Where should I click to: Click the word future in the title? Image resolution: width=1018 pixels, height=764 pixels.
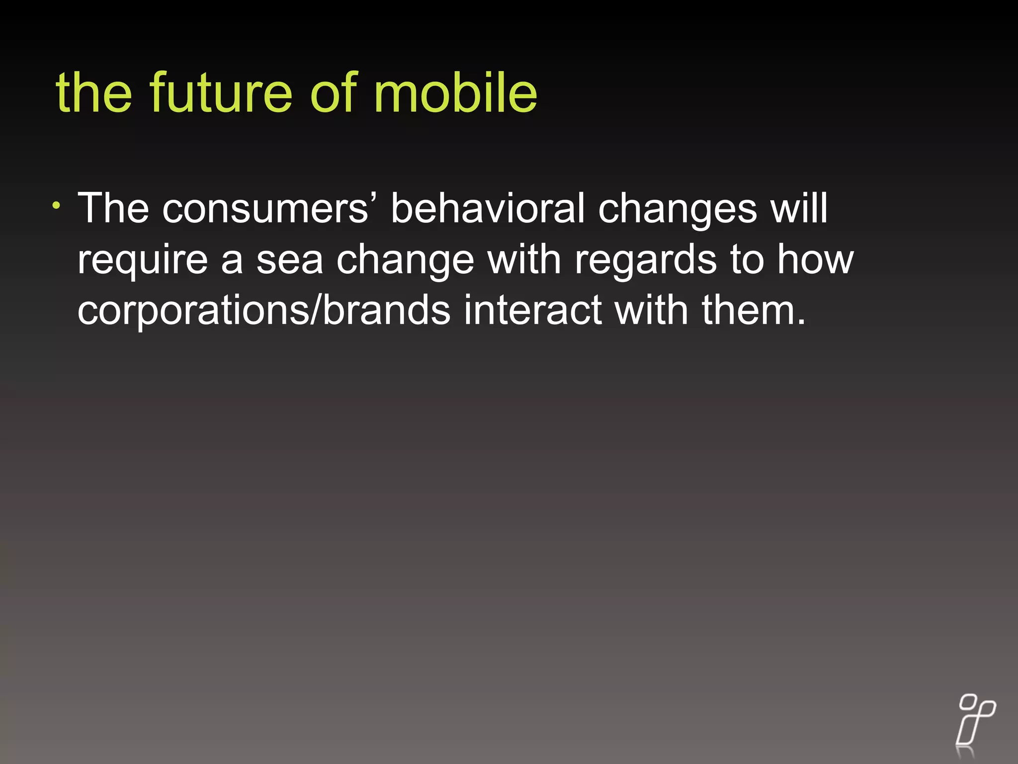click(x=221, y=93)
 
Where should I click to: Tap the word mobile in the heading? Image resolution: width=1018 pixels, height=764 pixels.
click(x=455, y=93)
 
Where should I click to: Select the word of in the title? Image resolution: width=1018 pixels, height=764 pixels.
click(x=333, y=93)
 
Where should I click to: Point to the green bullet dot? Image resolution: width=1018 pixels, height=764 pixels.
click(x=57, y=205)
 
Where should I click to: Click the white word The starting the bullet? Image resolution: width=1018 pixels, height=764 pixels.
click(x=113, y=208)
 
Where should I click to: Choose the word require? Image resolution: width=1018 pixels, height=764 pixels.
click(x=143, y=260)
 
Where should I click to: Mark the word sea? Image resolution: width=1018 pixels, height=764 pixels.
click(x=289, y=260)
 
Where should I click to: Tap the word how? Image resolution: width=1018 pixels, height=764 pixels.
click(x=815, y=259)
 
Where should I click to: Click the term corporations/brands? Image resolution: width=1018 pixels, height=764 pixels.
click(x=264, y=311)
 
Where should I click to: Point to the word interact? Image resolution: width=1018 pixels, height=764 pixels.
click(x=533, y=310)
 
